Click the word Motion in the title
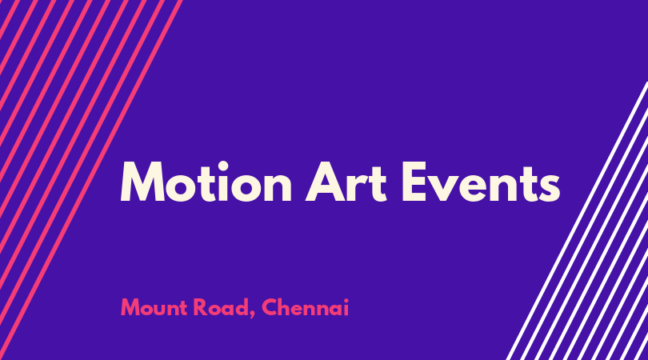(206, 182)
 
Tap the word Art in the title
(346, 182)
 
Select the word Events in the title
(481, 182)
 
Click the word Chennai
(306, 307)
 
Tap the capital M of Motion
(142, 182)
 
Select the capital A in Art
(326, 182)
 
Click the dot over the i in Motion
(222, 166)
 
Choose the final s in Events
(549, 187)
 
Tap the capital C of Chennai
(270, 308)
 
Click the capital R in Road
(201, 308)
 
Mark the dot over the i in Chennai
(346, 301)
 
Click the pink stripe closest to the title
(91, 180)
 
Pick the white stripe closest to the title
(577, 221)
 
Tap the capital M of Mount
(130, 308)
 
